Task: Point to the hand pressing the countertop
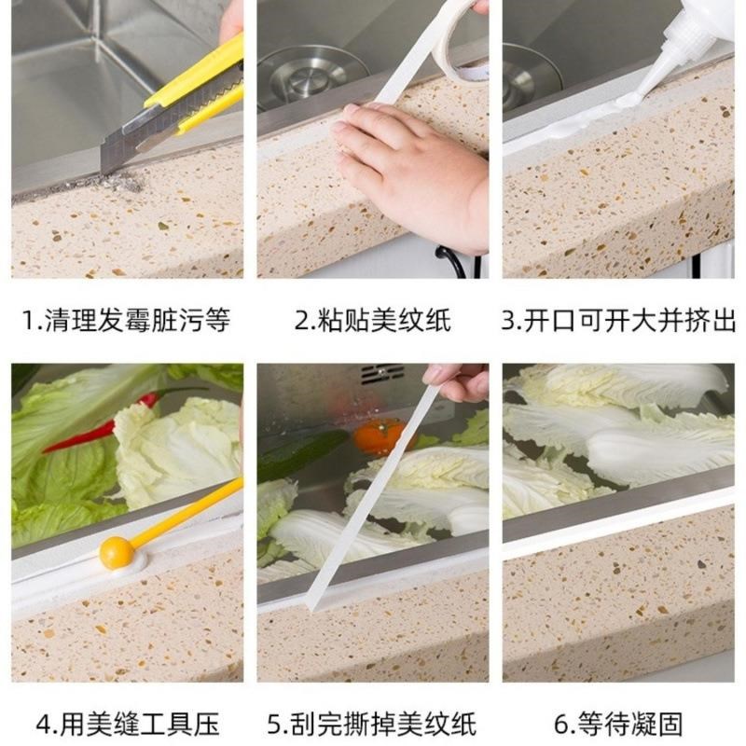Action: point(410,168)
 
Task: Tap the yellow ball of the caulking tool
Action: point(117,552)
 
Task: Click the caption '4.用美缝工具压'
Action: point(126,724)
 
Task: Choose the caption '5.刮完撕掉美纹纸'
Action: point(373,724)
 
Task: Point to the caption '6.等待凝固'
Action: point(618,724)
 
